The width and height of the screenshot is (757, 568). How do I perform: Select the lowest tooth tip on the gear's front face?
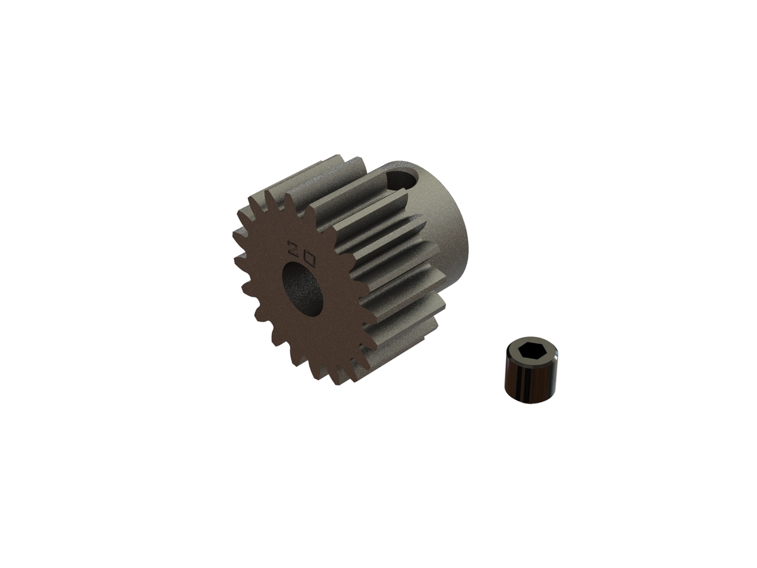point(341,384)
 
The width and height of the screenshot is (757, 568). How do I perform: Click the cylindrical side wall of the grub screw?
point(527,382)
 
